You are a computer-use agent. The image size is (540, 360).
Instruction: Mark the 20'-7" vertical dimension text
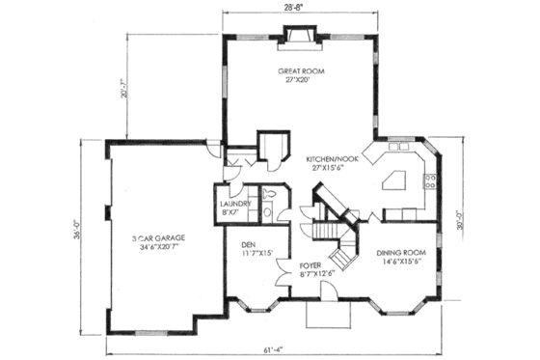(x=113, y=90)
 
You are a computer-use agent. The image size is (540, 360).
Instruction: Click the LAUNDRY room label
(x=235, y=208)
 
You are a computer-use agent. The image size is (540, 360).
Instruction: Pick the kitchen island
(x=397, y=179)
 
